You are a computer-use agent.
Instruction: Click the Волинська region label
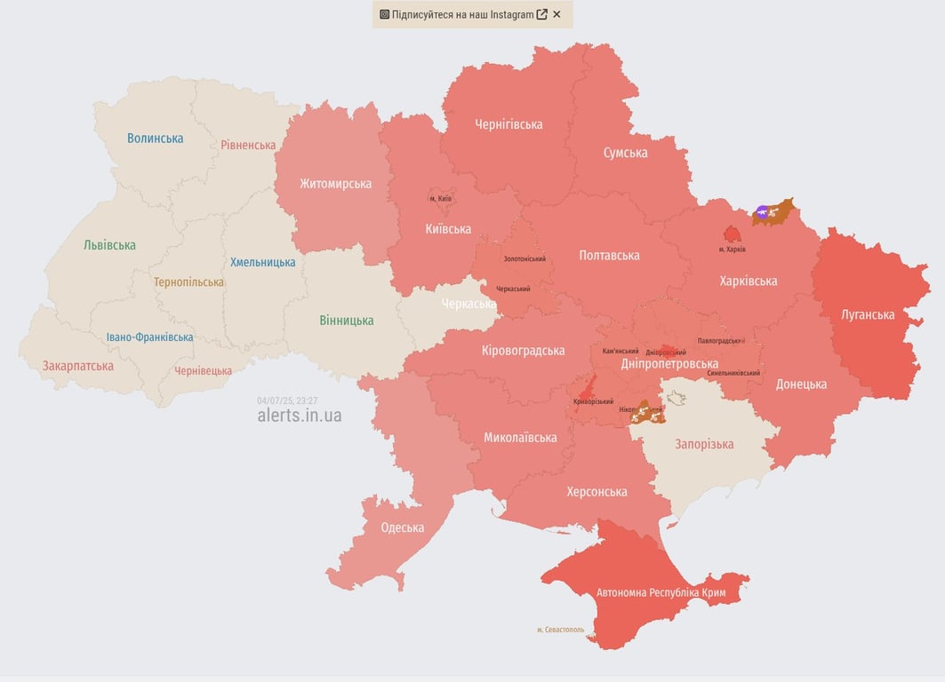tap(155, 138)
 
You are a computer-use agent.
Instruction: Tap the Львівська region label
tap(109, 245)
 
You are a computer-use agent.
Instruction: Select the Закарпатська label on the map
tap(78, 365)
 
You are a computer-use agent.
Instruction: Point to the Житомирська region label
tap(335, 184)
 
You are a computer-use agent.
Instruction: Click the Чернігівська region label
tap(509, 124)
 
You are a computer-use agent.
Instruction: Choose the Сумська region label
tap(625, 153)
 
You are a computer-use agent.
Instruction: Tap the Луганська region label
tap(868, 314)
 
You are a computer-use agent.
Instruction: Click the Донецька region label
tap(801, 384)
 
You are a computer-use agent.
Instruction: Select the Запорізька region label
tap(704, 444)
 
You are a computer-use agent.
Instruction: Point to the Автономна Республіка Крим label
tap(661, 592)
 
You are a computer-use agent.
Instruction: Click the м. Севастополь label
tap(560, 630)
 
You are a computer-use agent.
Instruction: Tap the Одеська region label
tap(402, 527)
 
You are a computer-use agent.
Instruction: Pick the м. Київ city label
tap(440, 198)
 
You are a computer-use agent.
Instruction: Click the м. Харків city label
tap(733, 250)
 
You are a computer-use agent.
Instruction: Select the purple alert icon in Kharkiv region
tap(763, 211)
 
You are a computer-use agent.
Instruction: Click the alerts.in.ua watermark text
tap(299, 416)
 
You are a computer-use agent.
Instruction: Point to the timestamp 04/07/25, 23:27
tap(287, 400)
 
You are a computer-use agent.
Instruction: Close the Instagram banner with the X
tap(557, 14)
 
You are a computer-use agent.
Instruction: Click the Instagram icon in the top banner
tap(384, 14)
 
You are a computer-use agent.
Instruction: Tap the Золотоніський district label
tap(525, 258)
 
